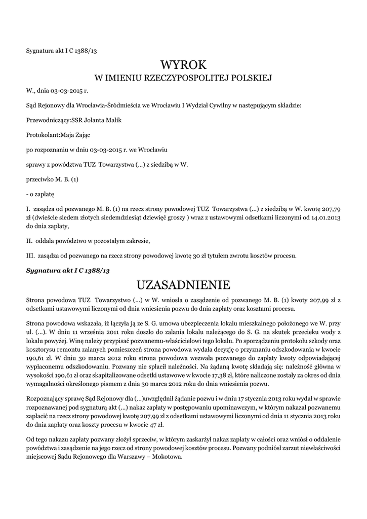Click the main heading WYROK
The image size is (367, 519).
tap(184, 65)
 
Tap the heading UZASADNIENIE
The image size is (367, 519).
tap(184, 283)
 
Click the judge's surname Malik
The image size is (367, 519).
tap(111, 120)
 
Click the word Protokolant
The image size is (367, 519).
tap(42, 135)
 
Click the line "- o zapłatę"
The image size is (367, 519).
tap(40, 194)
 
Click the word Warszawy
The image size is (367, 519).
tap(127, 455)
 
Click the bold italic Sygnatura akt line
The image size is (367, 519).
tap(68, 270)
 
